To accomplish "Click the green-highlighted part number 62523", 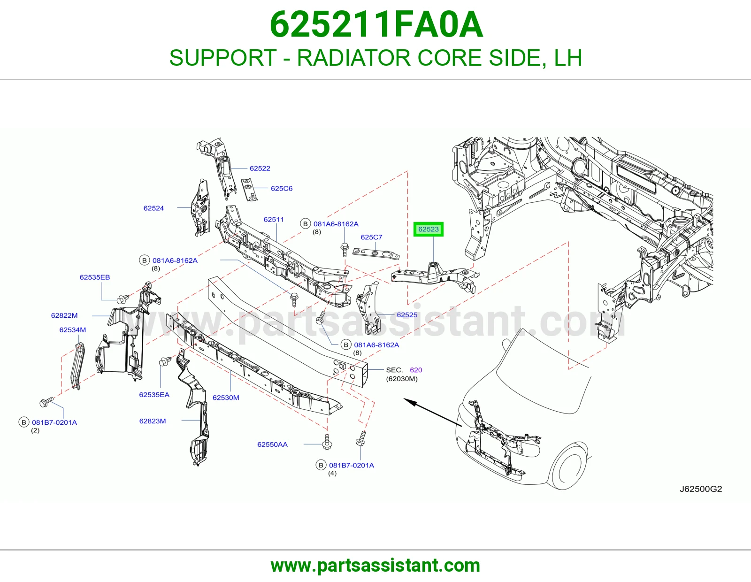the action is tap(428, 229).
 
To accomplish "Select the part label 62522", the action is tap(260, 168).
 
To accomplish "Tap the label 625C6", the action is tap(282, 188).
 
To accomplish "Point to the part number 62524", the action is tap(153, 208).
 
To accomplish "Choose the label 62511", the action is tap(273, 220).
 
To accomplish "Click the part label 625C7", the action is tap(372, 237).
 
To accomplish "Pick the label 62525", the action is tap(407, 315).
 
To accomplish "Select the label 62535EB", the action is tap(95, 277).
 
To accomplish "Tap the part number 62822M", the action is tap(64, 315).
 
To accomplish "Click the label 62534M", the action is tap(73, 329).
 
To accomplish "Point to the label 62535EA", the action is tap(154, 395).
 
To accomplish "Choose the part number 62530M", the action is tap(226, 398).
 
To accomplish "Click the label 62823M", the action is tap(153, 421).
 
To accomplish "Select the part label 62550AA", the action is tap(272, 444).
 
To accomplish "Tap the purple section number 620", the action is tap(416, 370).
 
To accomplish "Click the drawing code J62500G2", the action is tap(701, 489).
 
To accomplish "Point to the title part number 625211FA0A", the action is tap(376, 24).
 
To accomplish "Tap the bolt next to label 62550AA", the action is tap(327, 442).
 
